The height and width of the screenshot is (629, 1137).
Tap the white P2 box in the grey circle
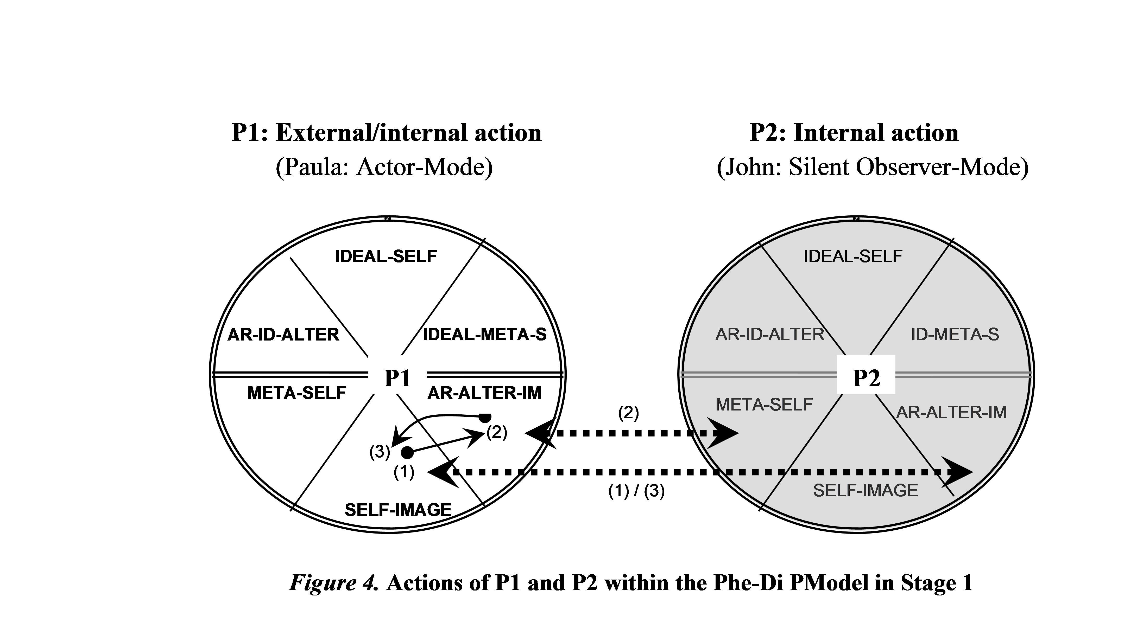[x=866, y=375]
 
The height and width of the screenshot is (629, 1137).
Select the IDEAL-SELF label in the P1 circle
[x=386, y=256]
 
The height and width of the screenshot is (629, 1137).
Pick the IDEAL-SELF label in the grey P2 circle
[x=853, y=256]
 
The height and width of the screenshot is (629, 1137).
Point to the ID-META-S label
[x=955, y=335]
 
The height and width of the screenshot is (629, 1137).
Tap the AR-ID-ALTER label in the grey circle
[x=770, y=335]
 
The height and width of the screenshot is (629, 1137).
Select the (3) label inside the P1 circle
[x=380, y=452]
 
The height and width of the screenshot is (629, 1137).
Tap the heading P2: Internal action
[x=854, y=133]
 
